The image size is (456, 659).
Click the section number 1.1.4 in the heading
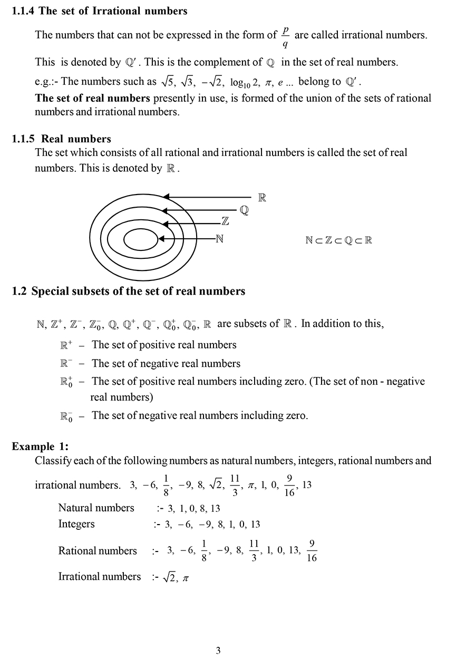point(24,11)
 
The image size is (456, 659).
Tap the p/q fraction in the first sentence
point(285,36)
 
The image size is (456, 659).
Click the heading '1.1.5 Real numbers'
point(61,139)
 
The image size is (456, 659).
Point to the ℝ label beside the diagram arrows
point(262,198)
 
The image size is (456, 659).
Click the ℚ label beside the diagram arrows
point(244,210)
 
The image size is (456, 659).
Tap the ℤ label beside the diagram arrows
point(225,222)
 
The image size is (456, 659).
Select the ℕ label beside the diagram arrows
point(220,239)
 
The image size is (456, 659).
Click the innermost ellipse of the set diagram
point(141,239)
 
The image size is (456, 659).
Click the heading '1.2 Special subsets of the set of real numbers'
point(128,291)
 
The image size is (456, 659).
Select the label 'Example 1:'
point(40,447)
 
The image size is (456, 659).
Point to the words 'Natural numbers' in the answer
point(96,508)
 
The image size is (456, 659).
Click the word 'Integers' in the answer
point(76,524)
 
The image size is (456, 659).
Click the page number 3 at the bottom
point(218,651)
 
